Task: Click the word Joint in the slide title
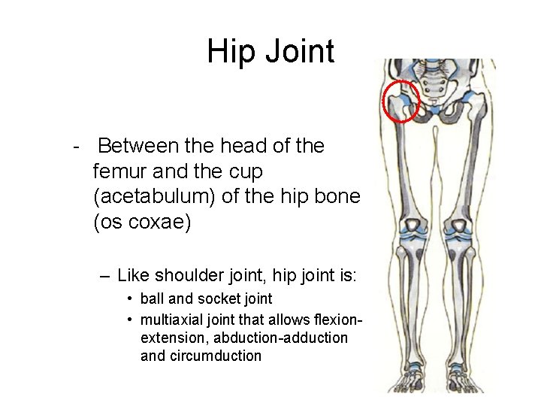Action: (297, 53)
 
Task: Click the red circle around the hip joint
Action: (401, 101)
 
